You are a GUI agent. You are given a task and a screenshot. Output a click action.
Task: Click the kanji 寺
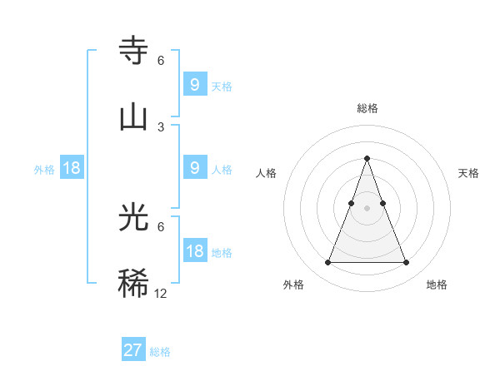click(x=134, y=52)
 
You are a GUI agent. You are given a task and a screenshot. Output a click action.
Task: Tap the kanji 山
click(x=134, y=116)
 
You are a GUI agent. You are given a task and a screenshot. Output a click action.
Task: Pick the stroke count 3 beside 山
click(x=161, y=126)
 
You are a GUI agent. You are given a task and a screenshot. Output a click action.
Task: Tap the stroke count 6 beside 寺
click(x=161, y=61)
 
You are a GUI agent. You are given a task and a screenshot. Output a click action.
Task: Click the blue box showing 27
click(x=133, y=350)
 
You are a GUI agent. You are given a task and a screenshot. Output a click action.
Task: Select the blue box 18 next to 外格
click(x=72, y=168)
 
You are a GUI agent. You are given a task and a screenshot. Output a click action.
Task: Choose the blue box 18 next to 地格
click(x=194, y=251)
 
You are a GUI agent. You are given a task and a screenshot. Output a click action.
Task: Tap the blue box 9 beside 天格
click(x=194, y=85)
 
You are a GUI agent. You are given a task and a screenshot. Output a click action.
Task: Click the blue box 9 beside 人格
click(x=194, y=168)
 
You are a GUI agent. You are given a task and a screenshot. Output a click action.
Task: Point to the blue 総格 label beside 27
click(x=160, y=352)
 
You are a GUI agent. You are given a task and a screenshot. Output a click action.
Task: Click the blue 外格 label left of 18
click(x=44, y=170)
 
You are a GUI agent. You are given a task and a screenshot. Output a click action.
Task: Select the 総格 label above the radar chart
click(x=367, y=108)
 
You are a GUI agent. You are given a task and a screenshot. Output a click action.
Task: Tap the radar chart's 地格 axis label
click(x=437, y=285)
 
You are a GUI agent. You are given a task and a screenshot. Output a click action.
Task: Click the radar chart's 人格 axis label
click(x=267, y=173)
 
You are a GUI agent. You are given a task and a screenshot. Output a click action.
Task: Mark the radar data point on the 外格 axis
click(x=327, y=263)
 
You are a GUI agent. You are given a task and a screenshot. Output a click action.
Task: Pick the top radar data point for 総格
click(x=367, y=158)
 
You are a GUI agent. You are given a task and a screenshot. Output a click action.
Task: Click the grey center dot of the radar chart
click(x=367, y=208)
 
